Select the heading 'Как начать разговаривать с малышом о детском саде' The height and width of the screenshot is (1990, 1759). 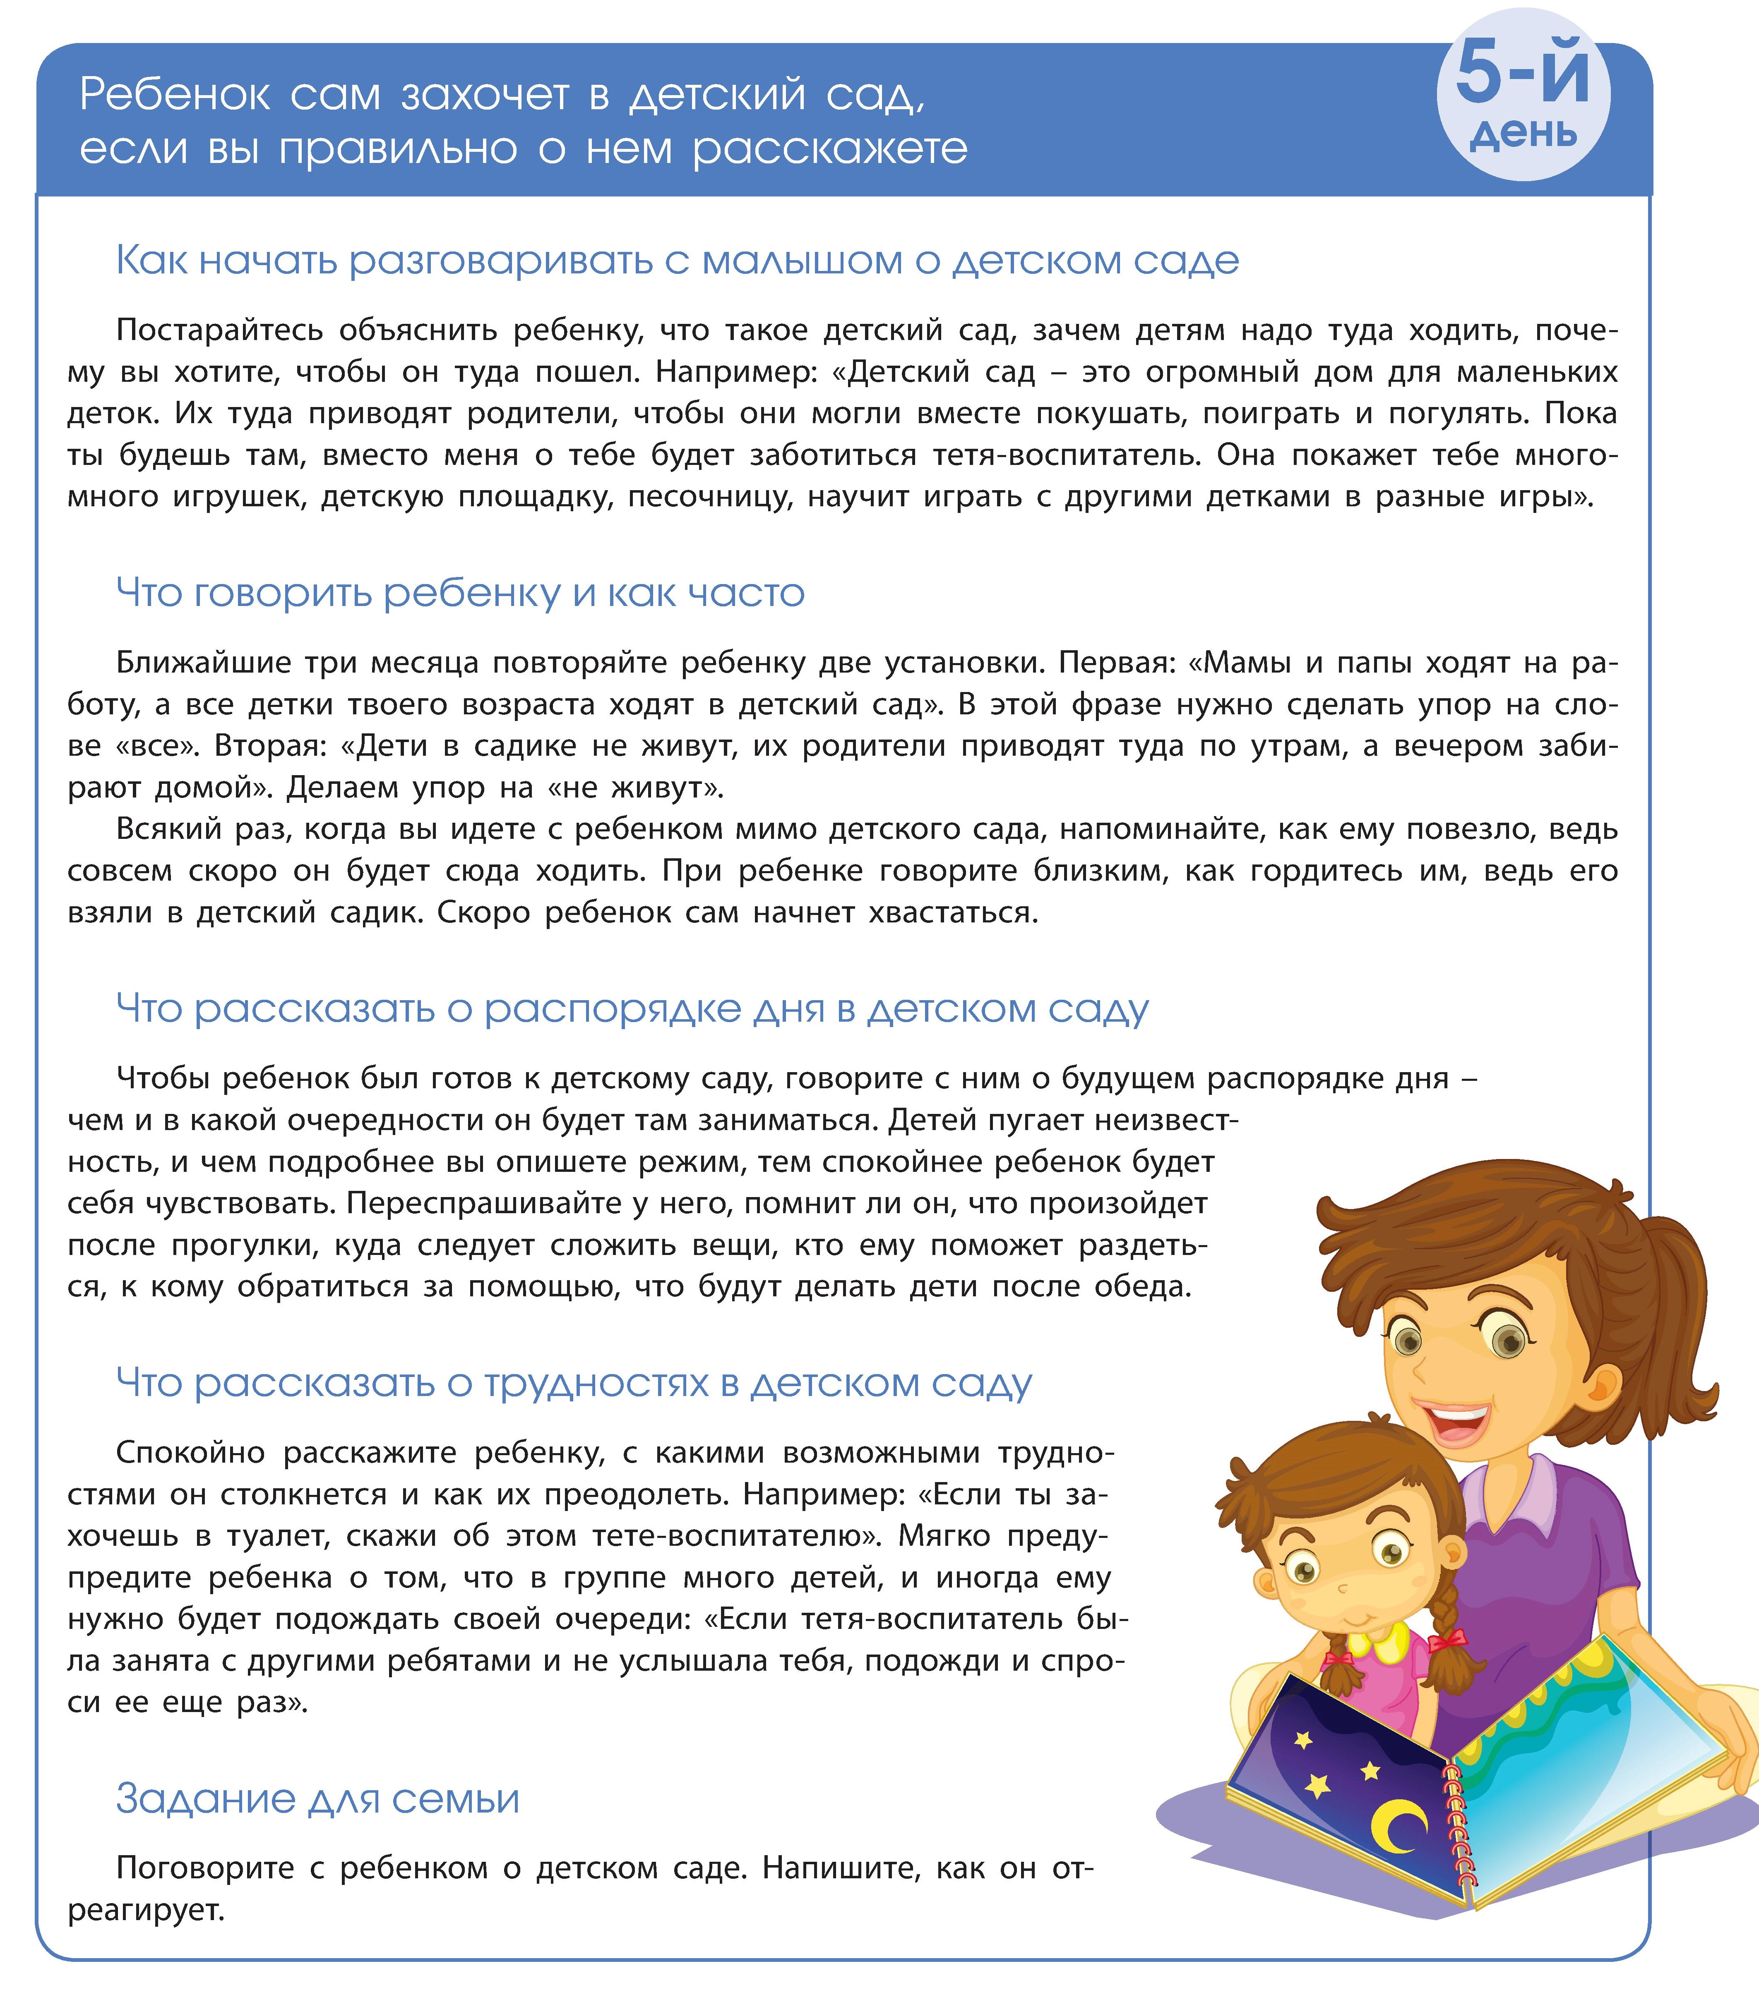677,261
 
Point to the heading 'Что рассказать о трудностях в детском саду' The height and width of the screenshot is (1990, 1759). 574,1382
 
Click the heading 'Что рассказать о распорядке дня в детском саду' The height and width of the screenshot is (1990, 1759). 632,1008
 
